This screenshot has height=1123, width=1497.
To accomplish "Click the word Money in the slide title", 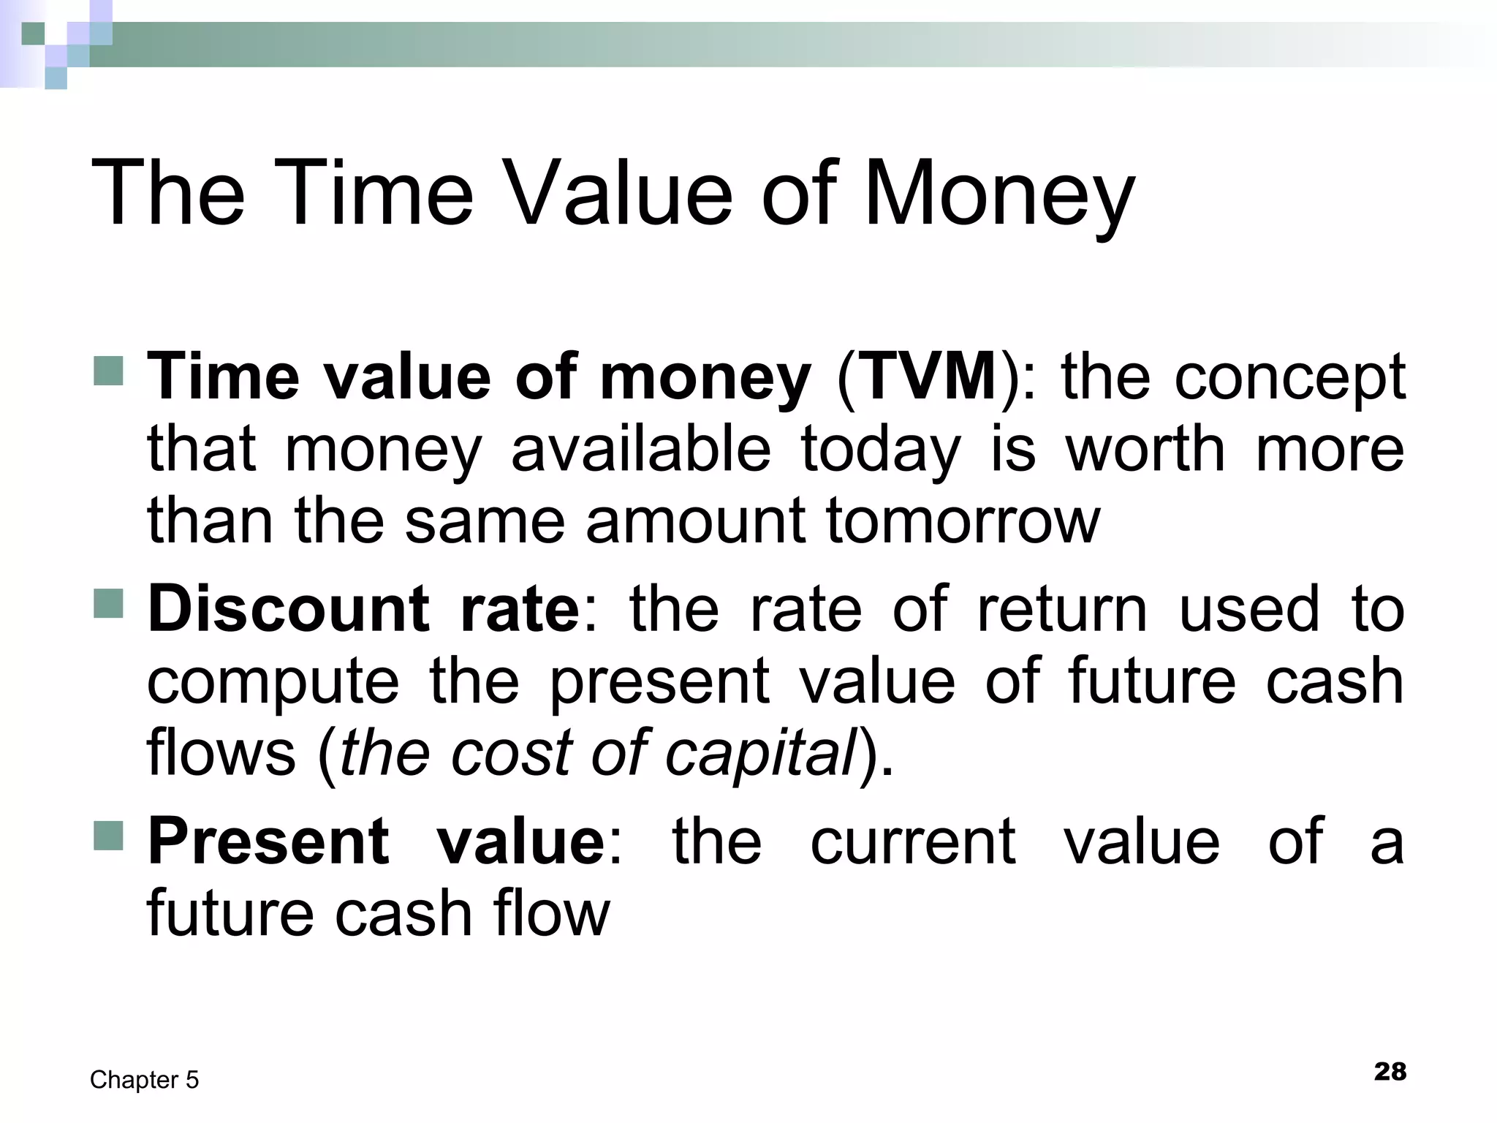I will click(x=998, y=196).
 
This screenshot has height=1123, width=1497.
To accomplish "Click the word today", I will click(x=880, y=450).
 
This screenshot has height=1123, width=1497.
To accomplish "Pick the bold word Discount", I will click(x=288, y=608).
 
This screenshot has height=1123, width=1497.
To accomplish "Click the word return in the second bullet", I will click(x=1061, y=608).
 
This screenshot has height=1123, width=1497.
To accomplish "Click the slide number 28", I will click(x=1390, y=1072).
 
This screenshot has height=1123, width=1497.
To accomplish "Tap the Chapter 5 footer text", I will click(x=144, y=1080).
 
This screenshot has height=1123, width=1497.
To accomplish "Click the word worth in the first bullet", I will click(x=1145, y=449).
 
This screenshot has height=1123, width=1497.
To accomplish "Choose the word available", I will click(x=640, y=449).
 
